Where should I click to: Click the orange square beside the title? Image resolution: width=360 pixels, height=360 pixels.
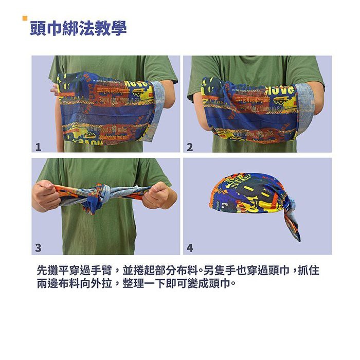(x=25, y=19)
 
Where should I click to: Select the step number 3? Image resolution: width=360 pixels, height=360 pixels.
(x=38, y=248)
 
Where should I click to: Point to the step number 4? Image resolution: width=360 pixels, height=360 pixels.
(x=190, y=248)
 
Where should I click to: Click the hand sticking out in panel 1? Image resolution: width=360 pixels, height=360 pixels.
(x=54, y=89)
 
